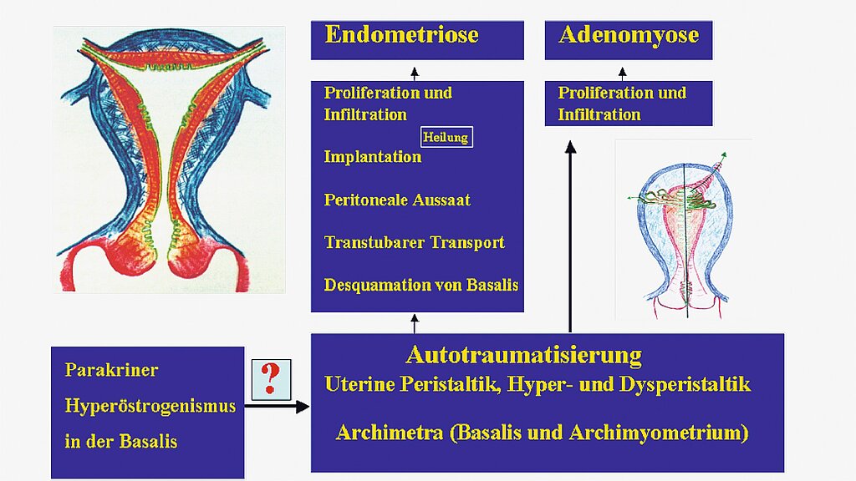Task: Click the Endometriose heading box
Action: tap(417, 40)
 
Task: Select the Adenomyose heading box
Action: tap(629, 40)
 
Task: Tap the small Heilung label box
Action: tap(446, 137)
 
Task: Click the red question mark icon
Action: tap(271, 378)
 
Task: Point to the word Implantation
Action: tap(372, 157)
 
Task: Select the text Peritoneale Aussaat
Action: tap(397, 200)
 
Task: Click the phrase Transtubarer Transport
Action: tap(414, 242)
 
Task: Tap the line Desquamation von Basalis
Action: tap(421, 285)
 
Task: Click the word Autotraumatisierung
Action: tap(524, 354)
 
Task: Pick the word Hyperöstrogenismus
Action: tap(150, 407)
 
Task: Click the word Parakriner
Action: tap(111, 370)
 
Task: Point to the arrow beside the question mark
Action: tap(277, 407)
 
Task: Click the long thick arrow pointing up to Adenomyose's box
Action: tap(570, 236)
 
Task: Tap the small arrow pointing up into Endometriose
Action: tap(415, 73)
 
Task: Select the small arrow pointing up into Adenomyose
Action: tap(622, 73)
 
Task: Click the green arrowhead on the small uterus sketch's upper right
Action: tap(724, 155)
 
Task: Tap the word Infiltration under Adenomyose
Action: tap(599, 114)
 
